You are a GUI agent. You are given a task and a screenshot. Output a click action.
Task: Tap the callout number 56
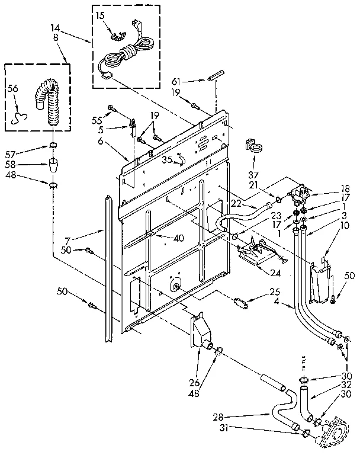coord(12,89)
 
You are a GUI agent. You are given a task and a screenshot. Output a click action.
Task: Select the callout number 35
coord(167,159)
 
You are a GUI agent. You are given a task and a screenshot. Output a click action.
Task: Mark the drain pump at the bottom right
coord(336,435)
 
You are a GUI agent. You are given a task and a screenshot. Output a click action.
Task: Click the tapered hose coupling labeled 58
coord(52,164)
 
